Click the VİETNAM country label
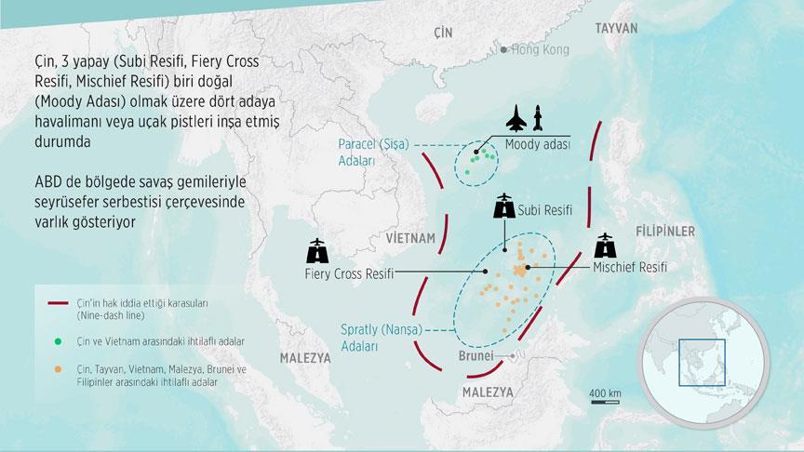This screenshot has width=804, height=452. click(409, 238)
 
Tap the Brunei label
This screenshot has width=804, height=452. click(481, 355)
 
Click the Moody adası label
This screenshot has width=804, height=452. click(538, 145)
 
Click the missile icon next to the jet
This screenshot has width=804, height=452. click(543, 119)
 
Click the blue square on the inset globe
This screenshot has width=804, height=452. click(702, 362)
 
